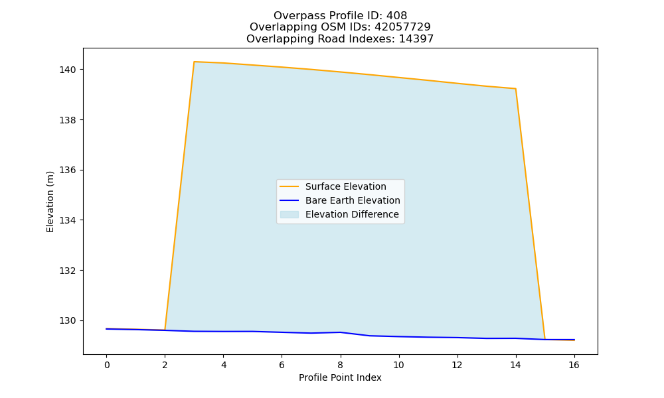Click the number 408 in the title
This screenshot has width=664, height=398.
point(396,16)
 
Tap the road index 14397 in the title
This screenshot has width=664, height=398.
point(416,39)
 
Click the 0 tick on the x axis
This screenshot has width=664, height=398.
point(107,365)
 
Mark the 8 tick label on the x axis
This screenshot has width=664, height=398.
point(340,365)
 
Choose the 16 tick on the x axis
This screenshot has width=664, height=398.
point(574,365)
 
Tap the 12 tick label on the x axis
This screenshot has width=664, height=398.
point(457,365)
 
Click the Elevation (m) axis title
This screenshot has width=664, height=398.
point(50,202)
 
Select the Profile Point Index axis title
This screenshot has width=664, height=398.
point(340,377)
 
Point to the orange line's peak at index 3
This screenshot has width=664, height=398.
point(194,62)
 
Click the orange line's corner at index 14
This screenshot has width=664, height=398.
point(515,89)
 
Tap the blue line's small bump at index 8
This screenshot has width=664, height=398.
point(340,332)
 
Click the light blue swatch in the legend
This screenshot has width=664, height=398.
point(290,214)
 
